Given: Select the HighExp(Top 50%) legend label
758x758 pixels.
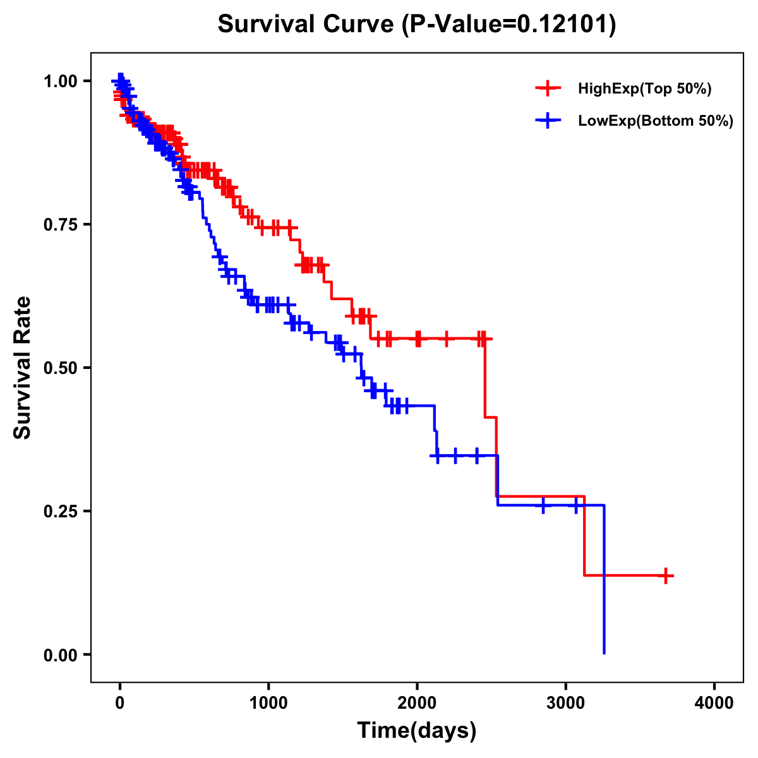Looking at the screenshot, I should tap(644, 89).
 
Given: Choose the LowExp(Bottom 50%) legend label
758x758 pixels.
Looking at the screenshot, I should tap(655, 121).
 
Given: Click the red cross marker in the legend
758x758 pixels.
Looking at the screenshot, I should tap(548, 88).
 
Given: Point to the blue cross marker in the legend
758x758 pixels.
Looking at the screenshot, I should tap(548, 121).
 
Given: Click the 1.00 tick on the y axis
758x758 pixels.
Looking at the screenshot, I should tap(60, 81).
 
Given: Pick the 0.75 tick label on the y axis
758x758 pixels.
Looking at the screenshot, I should tap(60, 224).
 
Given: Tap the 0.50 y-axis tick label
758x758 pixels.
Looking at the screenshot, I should tap(60, 368).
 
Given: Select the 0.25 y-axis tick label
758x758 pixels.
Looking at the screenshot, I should tap(60, 511).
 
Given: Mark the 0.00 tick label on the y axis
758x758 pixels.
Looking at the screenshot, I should tap(60, 654).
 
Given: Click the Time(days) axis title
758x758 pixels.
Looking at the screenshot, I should tap(417, 731).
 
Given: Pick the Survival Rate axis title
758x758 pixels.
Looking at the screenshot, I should tap(23, 368).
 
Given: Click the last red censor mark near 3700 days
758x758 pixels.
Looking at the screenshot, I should tap(666, 575).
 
